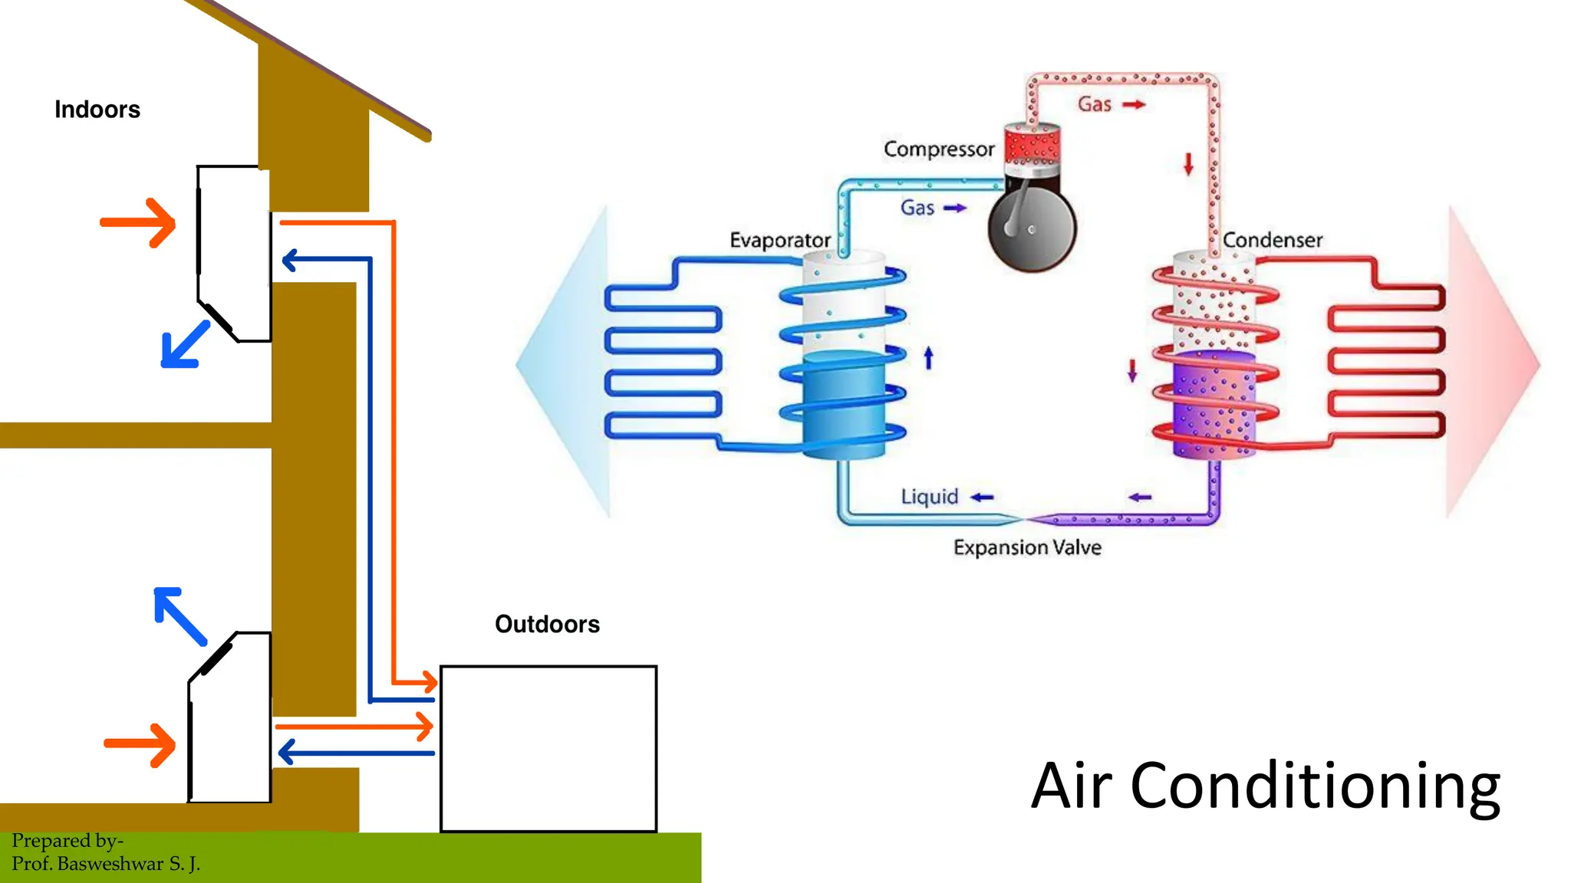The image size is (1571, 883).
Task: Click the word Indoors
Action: tap(97, 110)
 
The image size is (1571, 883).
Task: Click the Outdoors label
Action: tap(547, 624)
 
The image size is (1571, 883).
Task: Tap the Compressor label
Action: tap(938, 149)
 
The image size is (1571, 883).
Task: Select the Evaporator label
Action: tap(779, 240)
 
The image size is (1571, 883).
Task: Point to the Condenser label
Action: tap(1272, 240)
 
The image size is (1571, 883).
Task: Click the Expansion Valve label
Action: tap(1027, 547)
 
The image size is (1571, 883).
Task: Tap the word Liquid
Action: tap(929, 497)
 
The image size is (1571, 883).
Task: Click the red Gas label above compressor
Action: tap(1094, 104)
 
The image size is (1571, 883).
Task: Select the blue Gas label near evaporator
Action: tap(917, 208)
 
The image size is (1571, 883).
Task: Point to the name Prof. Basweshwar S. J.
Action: tap(106, 864)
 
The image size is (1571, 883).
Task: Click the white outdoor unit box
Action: tap(548, 748)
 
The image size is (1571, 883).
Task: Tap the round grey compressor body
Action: tap(1032, 227)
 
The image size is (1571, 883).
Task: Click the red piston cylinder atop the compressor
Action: tap(1032, 145)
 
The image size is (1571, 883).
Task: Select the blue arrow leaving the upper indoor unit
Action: tap(185, 346)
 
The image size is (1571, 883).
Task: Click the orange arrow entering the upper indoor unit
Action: tap(139, 223)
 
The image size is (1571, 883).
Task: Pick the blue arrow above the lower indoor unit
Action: tap(179, 615)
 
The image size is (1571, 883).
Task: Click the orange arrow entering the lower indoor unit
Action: tap(140, 744)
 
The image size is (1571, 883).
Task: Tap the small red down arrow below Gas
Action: tap(1188, 164)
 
